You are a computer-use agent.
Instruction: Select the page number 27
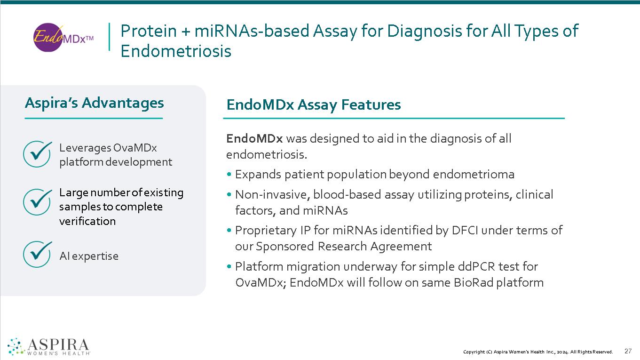[x=628, y=351]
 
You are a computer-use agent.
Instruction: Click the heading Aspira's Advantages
[x=94, y=103]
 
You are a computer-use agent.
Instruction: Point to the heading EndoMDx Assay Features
[x=313, y=104]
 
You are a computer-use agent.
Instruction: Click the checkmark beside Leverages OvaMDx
[x=37, y=153]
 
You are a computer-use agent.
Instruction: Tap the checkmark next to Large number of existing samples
[x=37, y=202]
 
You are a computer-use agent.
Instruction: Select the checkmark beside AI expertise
[x=37, y=254]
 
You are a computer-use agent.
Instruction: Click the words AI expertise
[x=89, y=256]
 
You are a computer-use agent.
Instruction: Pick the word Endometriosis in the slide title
[x=176, y=51]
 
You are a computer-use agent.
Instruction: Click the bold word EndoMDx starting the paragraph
[x=254, y=139]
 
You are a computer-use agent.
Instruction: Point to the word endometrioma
[x=474, y=175]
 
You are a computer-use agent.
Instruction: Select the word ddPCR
[x=476, y=267]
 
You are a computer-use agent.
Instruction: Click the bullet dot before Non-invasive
[x=229, y=195]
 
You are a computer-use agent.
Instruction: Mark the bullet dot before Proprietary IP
[x=229, y=231]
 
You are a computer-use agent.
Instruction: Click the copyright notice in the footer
[x=538, y=352]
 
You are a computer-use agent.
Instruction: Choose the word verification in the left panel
[x=87, y=221]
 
